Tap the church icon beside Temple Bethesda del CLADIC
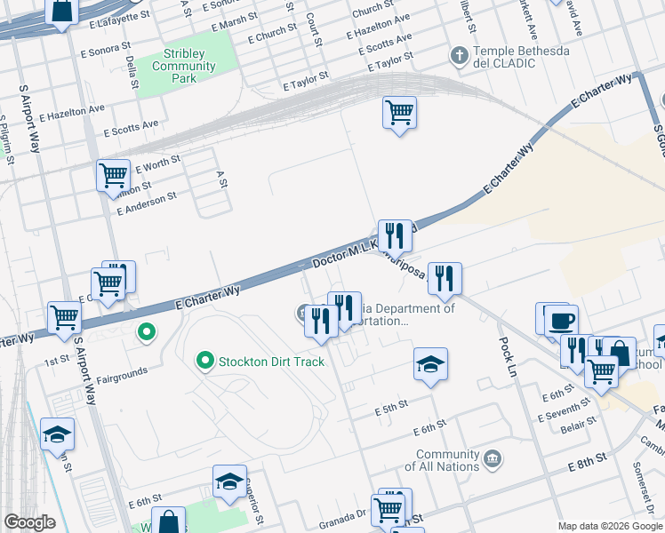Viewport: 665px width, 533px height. pos(459,55)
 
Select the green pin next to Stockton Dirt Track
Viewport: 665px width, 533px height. pos(205,361)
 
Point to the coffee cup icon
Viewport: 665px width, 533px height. pos(559,320)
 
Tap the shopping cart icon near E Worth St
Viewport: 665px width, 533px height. pos(113,175)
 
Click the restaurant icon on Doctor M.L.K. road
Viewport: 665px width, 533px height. pos(395,235)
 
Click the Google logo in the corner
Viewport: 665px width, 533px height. pos(29,522)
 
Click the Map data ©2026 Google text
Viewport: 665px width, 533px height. pos(609,526)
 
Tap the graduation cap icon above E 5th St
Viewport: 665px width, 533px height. pos(430,364)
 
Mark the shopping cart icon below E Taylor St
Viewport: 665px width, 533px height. pos(399,113)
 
